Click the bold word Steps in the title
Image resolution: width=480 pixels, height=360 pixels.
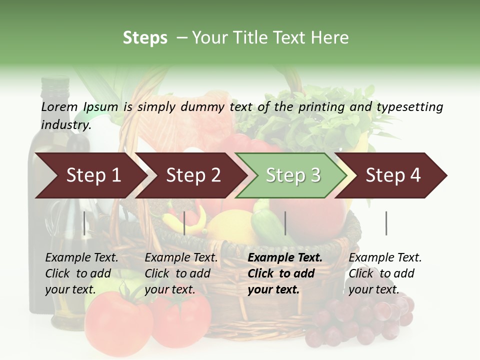pyautogui.click(x=145, y=37)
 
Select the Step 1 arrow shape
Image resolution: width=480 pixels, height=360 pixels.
pyautogui.click(x=90, y=175)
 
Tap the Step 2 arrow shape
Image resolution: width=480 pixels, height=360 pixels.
pyautogui.click(x=192, y=175)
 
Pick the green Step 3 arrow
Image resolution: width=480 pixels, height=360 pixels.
pyautogui.click(x=292, y=175)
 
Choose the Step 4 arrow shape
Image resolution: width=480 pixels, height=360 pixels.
pyautogui.click(x=393, y=175)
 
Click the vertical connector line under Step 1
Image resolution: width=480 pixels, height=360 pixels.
pyautogui.click(x=84, y=223)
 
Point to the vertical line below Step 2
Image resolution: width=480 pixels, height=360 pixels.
pyautogui.click(x=184, y=223)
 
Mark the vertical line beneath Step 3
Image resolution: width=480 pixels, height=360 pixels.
pyautogui.click(x=285, y=223)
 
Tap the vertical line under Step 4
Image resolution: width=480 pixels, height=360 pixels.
pyautogui.click(x=386, y=223)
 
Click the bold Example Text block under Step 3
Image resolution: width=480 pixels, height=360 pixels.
pyautogui.click(x=285, y=273)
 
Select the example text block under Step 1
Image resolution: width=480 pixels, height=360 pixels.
pyautogui.click(x=81, y=273)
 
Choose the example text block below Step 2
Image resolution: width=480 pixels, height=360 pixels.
pyautogui.click(x=181, y=273)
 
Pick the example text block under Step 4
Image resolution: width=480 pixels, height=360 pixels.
pyautogui.click(x=385, y=273)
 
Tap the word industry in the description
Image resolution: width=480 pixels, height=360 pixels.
pyautogui.click(x=65, y=125)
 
